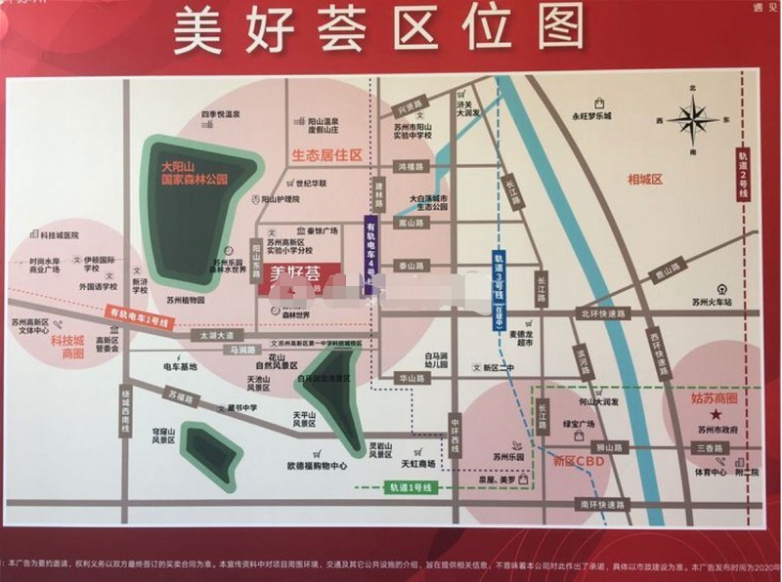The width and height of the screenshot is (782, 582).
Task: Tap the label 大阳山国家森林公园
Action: coord(195,174)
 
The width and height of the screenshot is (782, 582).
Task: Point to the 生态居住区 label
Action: coord(326,154)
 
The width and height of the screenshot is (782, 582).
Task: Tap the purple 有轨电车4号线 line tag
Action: coord(369,254)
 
